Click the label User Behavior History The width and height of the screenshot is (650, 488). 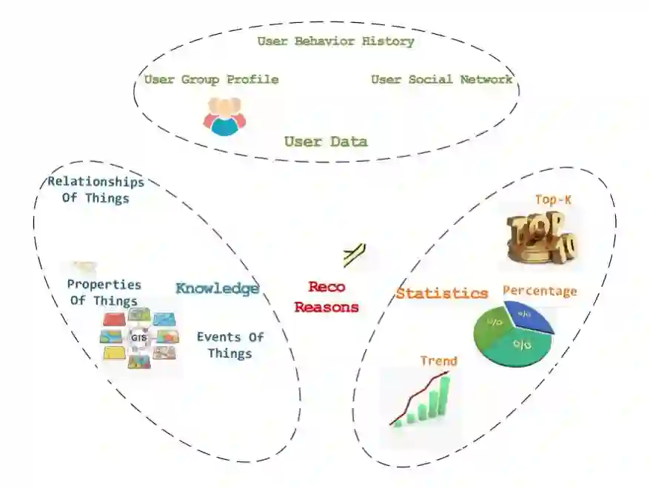click(x=335, y=41)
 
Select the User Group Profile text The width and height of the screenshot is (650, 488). click(x=211, y=79)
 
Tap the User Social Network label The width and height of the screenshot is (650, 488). click(x=441, y=79)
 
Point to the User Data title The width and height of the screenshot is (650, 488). click(x=326, y=141)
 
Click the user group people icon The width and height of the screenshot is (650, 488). click(x=224, y=117)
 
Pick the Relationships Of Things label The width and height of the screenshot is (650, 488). click(x=96, y=189)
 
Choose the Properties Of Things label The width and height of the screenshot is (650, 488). click(x=104, y=293)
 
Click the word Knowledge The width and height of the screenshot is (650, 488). click(x=217, y=288)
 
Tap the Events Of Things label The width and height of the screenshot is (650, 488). click(x=230, y=345)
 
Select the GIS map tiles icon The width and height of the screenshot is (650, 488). click(x=138, y=339)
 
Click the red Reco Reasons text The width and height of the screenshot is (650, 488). click(x=326, y=296)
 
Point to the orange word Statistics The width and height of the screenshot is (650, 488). click(x=442, y=293)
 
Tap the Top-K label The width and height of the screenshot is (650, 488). click(x=554, y=200)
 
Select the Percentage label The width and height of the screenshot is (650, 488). click(x=540, y=291)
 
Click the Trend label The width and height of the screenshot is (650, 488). click(x=438, y=361)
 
